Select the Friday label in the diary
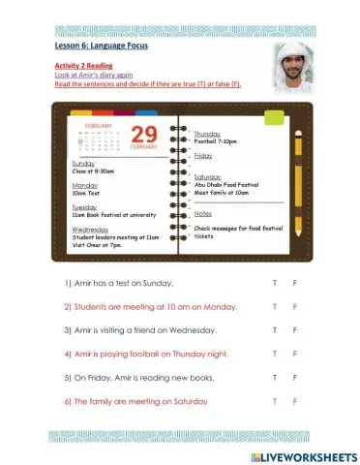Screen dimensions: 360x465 (203, 155)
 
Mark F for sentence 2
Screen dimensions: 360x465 (295, 307)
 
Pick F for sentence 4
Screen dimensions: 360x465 (295, 354)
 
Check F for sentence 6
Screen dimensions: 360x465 (295, 400)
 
